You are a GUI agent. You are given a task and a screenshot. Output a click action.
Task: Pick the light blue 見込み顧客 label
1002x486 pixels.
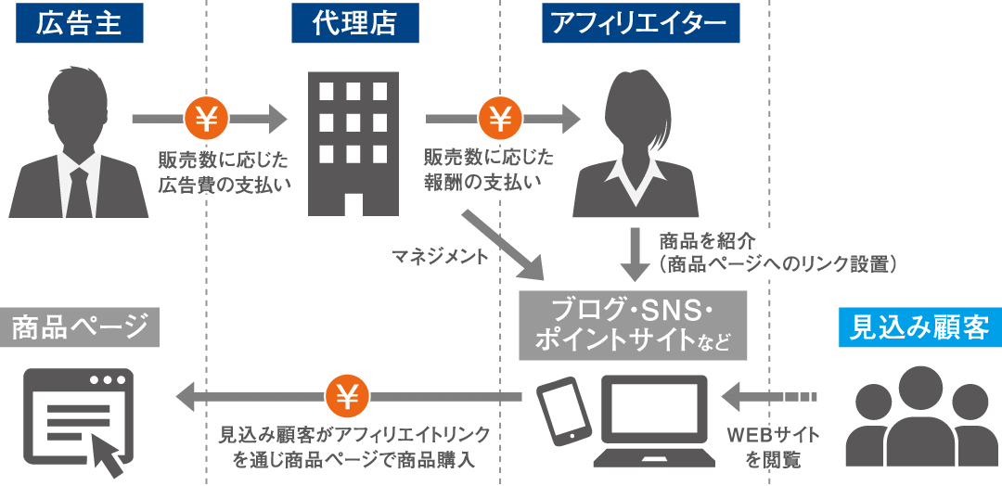919,326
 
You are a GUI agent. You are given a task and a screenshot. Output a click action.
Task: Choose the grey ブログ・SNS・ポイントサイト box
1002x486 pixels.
633,326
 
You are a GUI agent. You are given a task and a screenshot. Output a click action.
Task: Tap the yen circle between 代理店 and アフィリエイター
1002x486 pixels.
500,119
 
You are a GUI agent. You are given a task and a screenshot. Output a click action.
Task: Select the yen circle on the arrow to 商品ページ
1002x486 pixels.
346,398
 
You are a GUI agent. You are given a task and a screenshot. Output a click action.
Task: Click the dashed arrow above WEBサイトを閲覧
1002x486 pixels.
770,398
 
